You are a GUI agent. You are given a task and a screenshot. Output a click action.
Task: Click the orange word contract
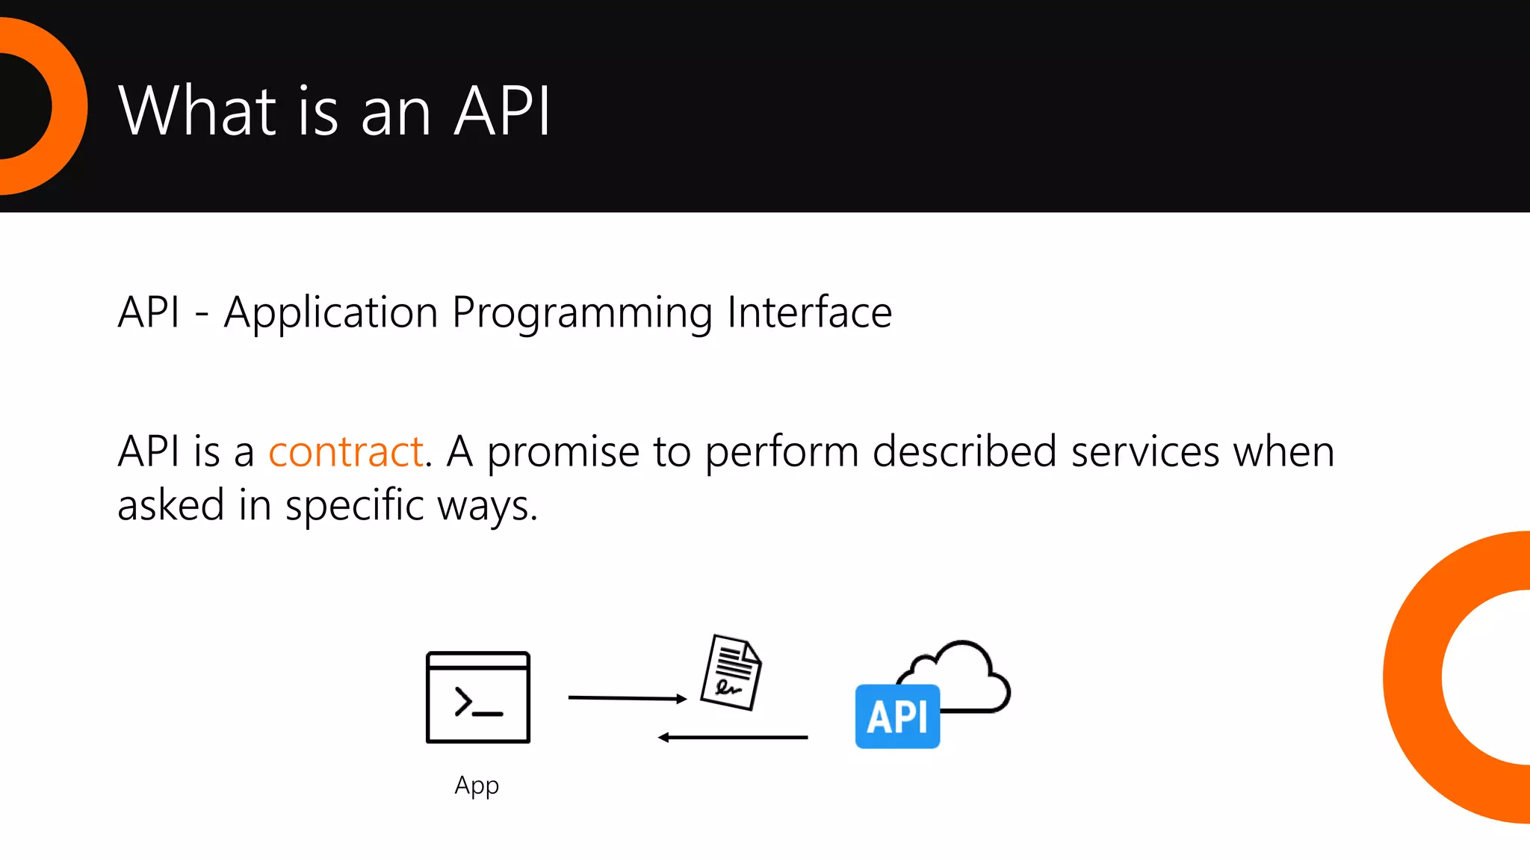(x=346, y=452)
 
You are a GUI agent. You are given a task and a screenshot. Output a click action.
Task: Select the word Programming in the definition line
(x=582, y=313)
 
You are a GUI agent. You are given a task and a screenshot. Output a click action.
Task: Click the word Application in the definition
(x=330, y=313)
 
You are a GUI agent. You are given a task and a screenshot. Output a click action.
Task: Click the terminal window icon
(x=478, y=697)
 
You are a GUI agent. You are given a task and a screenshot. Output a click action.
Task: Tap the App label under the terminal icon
(x=477, y=786)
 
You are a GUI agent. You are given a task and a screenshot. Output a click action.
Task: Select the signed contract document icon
(x=731, y=672)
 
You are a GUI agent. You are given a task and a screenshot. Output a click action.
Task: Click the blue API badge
(x=897, y=716)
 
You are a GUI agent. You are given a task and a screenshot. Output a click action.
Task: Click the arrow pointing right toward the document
(x=627, y=698)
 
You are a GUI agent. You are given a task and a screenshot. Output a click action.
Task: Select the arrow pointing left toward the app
(x=732, y=738)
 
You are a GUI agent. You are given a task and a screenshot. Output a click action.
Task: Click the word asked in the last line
(x=171, y=506)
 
